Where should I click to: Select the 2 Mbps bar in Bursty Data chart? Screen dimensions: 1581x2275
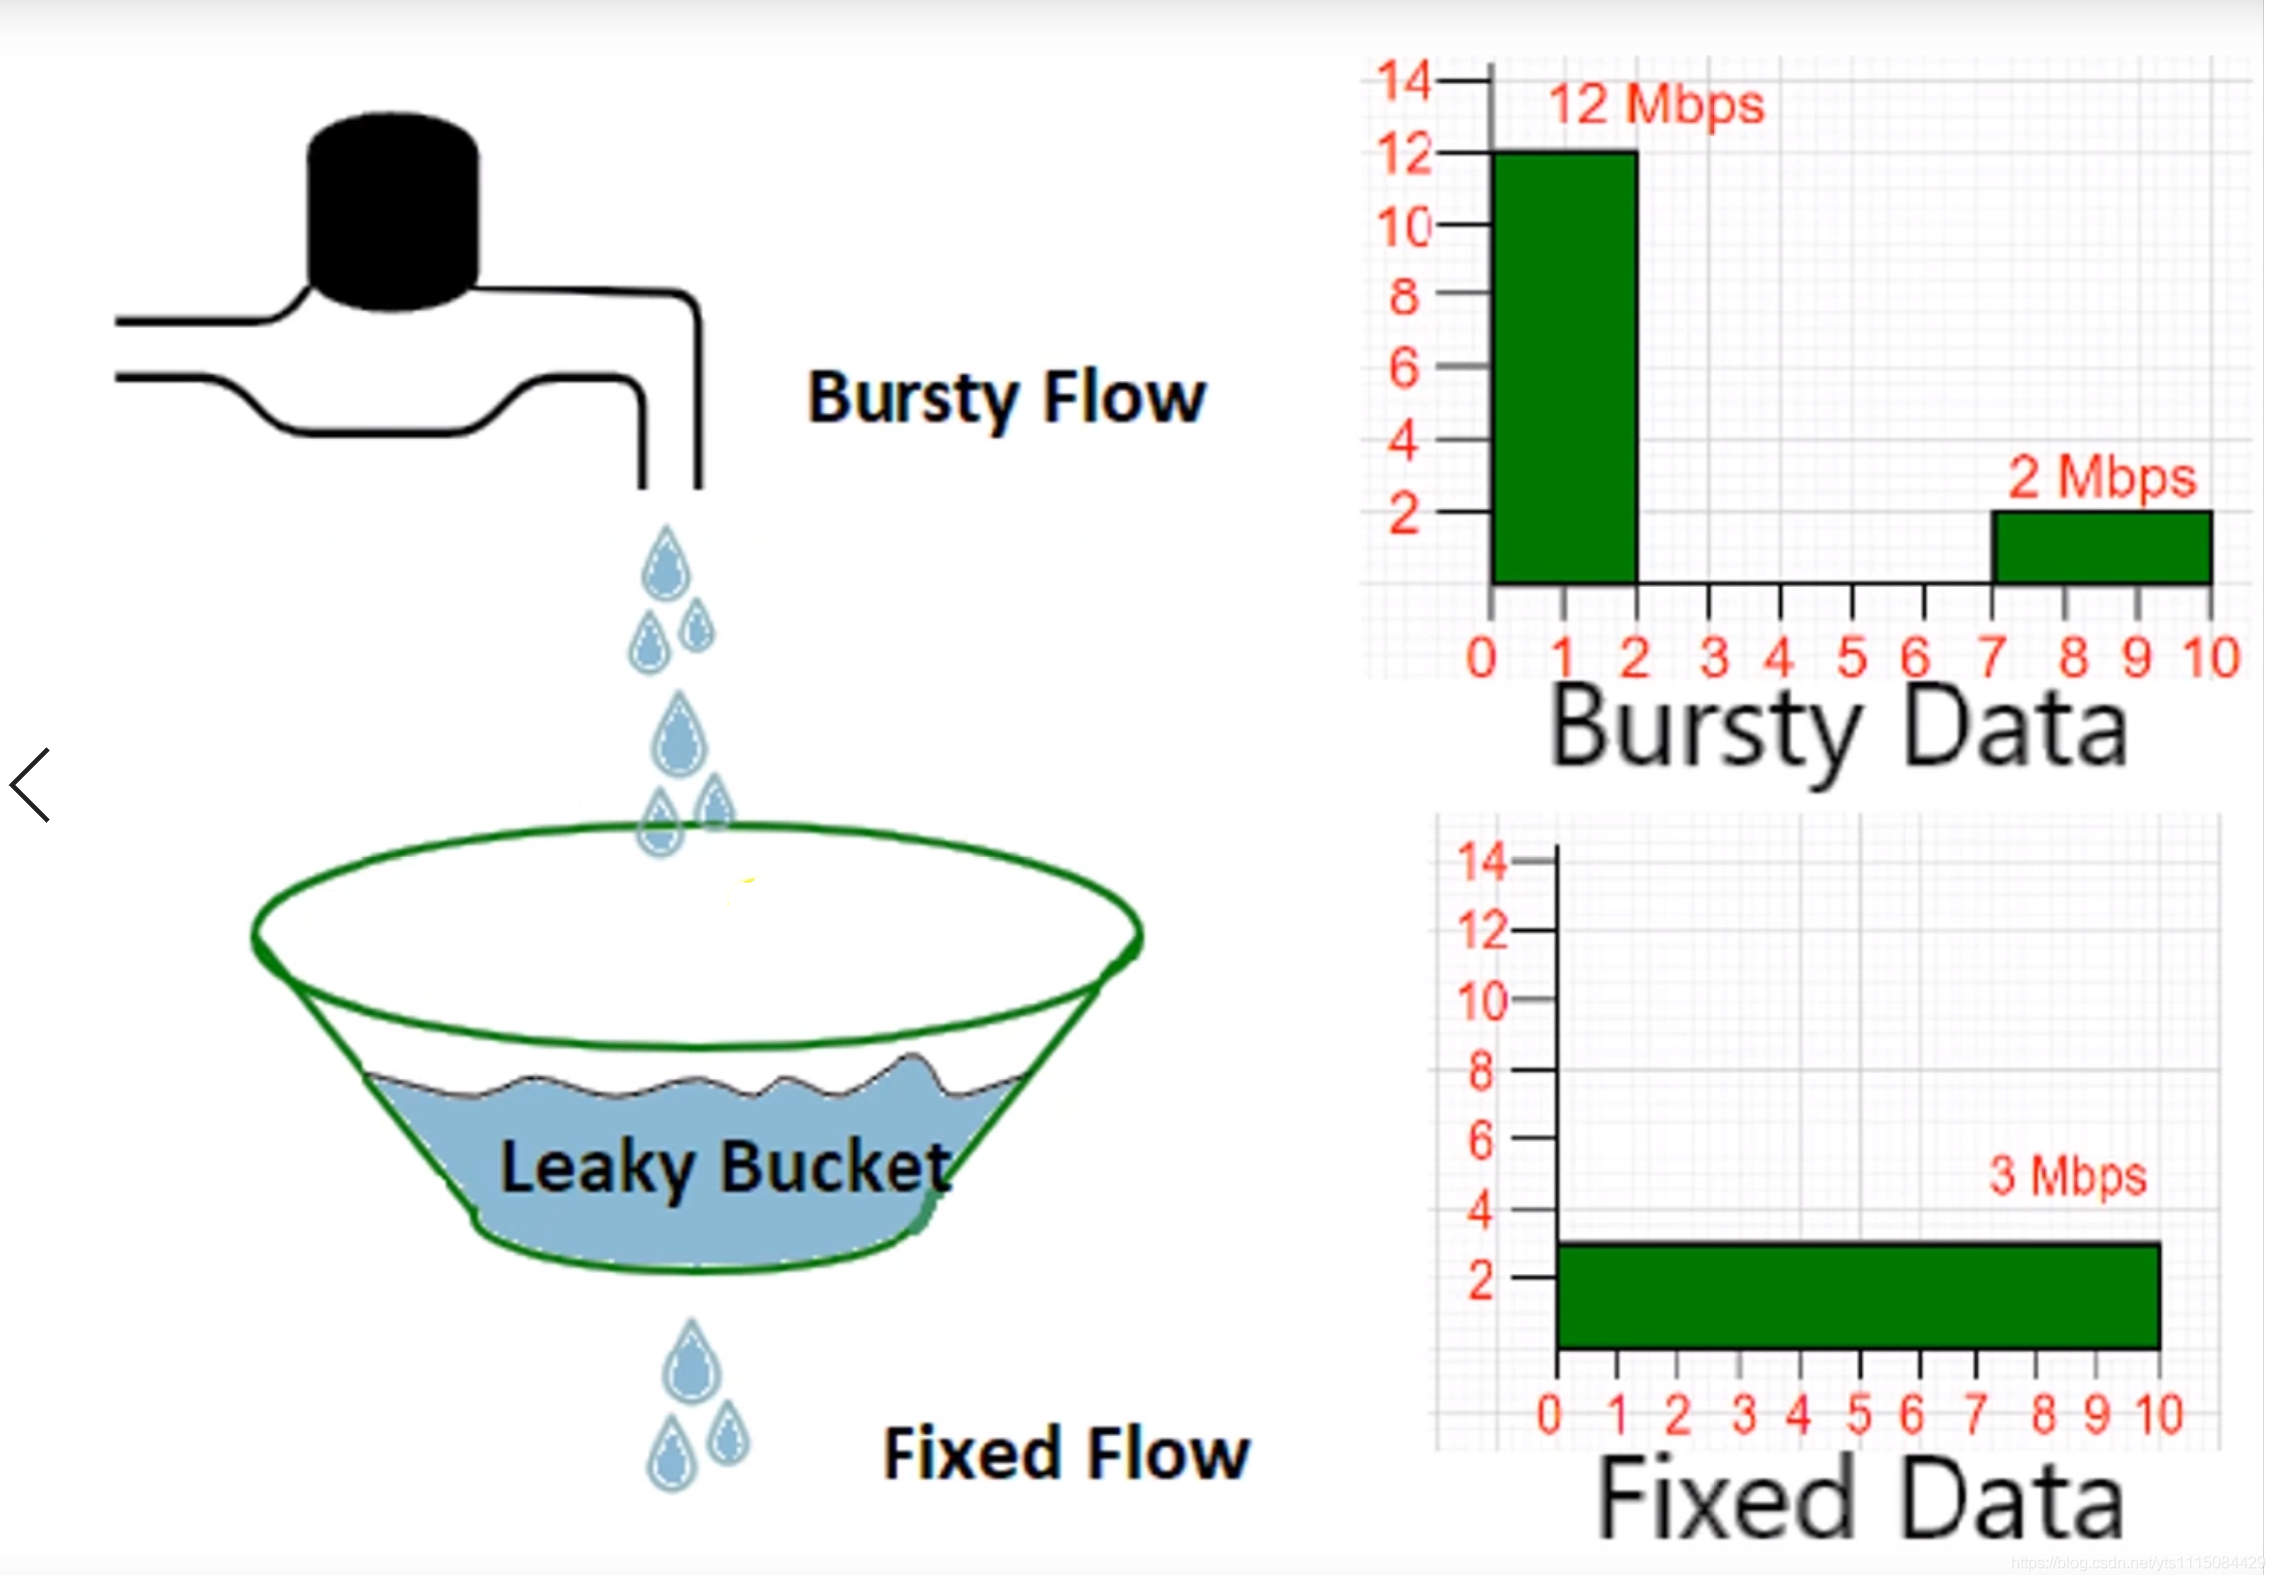tap(2101, 547)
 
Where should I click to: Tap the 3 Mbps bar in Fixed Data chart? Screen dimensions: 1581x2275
tap(1857, 1296)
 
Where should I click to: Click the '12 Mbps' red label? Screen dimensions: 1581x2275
tap(1656, 104)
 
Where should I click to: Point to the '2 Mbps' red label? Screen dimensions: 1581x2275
tap(2102, 477)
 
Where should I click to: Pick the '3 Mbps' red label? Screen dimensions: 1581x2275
tap(2067, 1176)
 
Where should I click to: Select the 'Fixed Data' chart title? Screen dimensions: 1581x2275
tap(1859, 1498)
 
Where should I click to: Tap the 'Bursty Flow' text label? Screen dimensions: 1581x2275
tap(1007, 398)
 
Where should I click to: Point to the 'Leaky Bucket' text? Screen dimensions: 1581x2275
tap(725, 1167)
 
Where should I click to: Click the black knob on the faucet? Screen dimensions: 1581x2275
tap(392, 211)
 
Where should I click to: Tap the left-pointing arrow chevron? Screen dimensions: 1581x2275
tap(30, 785)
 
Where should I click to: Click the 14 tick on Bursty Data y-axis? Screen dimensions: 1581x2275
tap(1403, 80)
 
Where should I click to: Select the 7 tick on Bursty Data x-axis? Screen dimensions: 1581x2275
tap(1991, 658)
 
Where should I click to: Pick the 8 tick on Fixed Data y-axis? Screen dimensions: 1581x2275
tap(1480, 1072)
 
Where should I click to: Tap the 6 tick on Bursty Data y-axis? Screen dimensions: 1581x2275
tap(1403, 368)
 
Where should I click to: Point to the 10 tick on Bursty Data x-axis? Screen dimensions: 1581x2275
tap(2211, 658)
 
